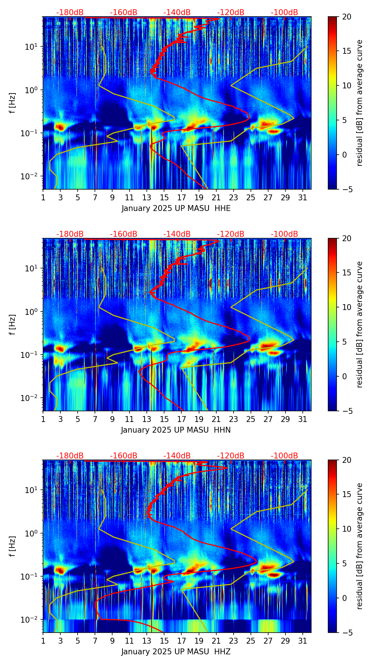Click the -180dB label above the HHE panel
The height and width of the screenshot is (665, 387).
(x=70, y=13)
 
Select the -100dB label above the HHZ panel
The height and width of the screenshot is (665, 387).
(x=284, y=456)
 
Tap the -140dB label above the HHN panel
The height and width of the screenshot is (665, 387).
(x=177, y=234)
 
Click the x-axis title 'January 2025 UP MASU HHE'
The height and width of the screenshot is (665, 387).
(x=176, y=208)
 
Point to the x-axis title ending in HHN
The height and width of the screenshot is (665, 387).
(x=176, y=430)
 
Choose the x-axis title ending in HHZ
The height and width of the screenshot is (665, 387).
(x=176, y=652)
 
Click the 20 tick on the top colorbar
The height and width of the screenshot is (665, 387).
(x=347, y=17)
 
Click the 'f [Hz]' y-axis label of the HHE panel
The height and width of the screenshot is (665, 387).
(x=13, y=103)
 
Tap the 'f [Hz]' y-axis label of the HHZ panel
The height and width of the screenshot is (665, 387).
(x=13, y=546)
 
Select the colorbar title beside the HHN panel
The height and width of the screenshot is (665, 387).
(x=360, y=324)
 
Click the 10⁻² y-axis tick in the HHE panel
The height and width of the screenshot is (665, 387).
(x=32, y=176)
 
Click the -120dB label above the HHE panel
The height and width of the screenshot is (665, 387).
(x=231, y=13)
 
